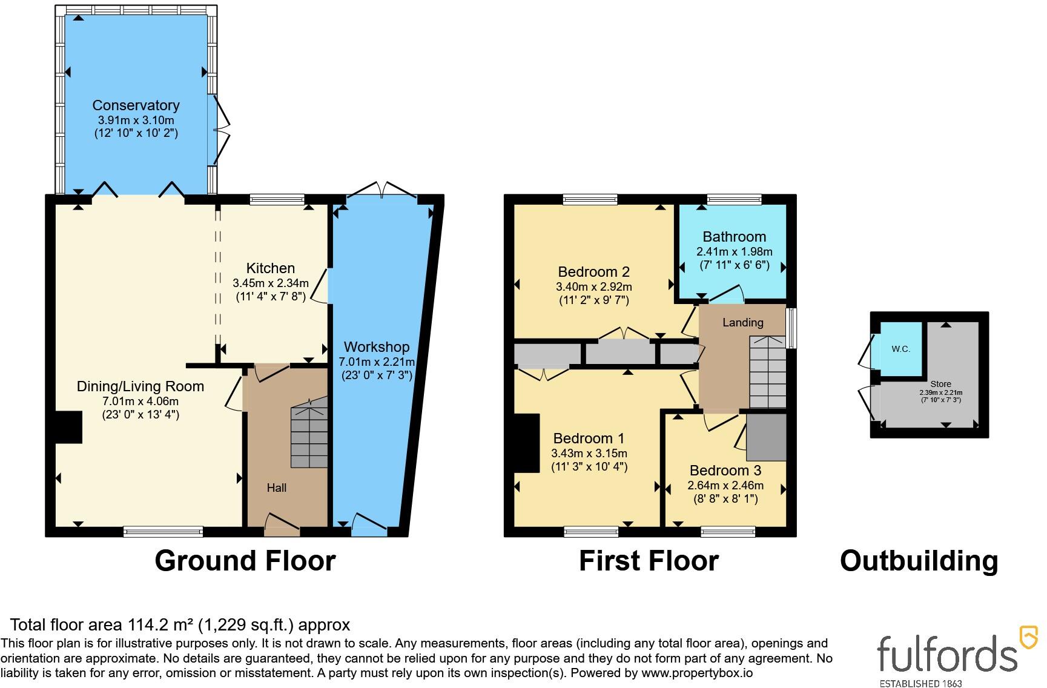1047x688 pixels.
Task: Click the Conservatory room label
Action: coord(136,105)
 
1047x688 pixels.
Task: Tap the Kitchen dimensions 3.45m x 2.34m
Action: coord(271,283)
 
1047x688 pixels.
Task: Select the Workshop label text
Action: coord(377,347)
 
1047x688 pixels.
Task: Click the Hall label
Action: coord(277,488)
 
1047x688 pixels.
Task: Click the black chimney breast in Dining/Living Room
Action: coord(70,428)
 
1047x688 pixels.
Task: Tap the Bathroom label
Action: coord(735,237)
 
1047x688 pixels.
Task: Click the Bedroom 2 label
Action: coord(594,272)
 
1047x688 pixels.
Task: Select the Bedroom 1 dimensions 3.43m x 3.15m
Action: coord(589,454)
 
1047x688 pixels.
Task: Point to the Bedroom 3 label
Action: coord(725,471)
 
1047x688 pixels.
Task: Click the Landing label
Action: coord(743,323)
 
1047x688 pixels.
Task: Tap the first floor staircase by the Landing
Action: coord(768,372)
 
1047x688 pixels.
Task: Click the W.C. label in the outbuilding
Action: coord(901,349)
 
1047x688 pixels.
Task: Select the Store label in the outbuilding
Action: coord(941,384)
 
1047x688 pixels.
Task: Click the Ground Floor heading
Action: coord(245,561)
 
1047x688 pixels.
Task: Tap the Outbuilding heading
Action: coord(919,561)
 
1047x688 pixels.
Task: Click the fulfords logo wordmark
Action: coord(947,653)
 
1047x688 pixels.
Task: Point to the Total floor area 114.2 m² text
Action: coord(180,624)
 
